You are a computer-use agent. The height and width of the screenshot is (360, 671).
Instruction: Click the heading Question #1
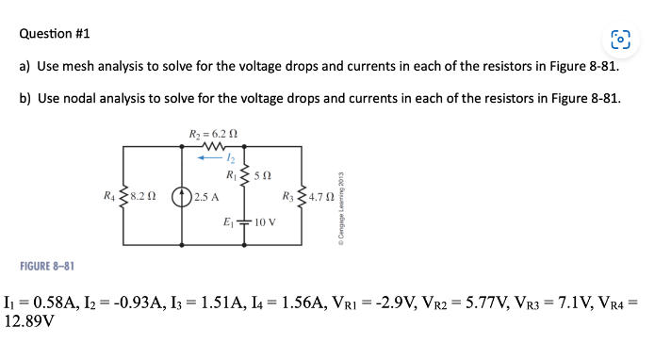(56, 34)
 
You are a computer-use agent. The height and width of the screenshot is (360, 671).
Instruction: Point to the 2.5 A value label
(206, 197)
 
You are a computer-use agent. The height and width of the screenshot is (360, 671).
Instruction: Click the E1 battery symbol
(244, 222)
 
